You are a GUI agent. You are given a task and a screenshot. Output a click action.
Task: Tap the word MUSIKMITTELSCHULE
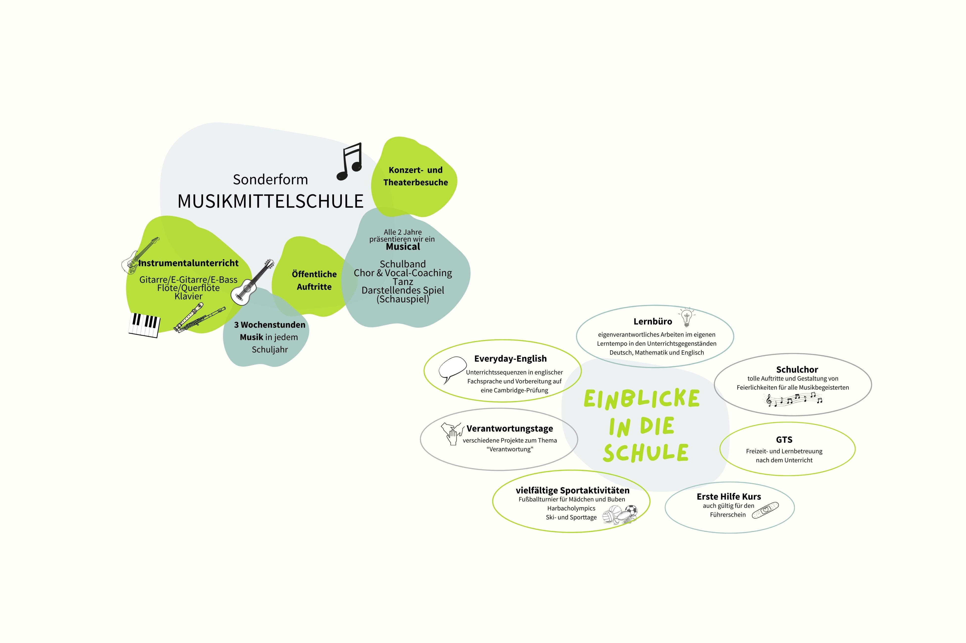[x=270, y=201]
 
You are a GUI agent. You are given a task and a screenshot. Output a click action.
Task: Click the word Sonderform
[x=270, y=180]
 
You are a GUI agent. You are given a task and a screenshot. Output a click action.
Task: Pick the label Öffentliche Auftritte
[x=314, y=280]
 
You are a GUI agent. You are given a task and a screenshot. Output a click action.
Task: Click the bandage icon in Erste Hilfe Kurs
[x=765, y=510]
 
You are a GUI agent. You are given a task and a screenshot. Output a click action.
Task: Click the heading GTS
[x=784, y=440]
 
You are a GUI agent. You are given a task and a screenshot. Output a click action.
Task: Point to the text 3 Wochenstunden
[x=270, y=325]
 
